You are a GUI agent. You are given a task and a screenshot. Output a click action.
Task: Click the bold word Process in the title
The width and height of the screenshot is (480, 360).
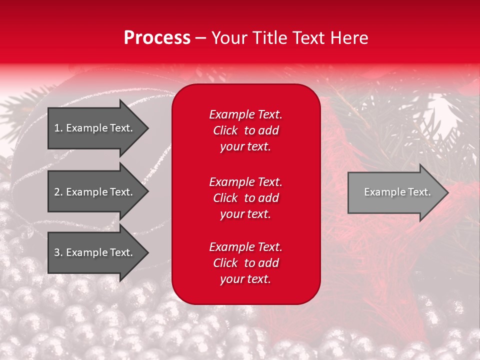click(x=157, y=38)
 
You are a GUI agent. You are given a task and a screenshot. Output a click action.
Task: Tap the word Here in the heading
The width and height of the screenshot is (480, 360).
click(x=349, y=38)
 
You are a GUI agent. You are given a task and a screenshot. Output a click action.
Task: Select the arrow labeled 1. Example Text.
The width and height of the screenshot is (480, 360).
click(x=93, y=128)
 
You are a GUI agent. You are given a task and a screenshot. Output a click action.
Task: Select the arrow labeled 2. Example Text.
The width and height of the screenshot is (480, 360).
click(x=93, y=192)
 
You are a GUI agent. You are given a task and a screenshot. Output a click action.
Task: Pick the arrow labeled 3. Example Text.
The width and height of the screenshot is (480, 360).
click(x=93, y=252)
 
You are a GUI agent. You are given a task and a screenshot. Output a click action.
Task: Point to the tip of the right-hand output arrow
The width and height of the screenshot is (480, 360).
click(x=447, y=192)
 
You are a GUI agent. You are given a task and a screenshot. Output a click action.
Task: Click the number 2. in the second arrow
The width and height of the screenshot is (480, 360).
click(x=57, y=192)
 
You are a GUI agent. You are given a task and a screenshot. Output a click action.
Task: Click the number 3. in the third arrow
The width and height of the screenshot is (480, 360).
click(x=57, y=252)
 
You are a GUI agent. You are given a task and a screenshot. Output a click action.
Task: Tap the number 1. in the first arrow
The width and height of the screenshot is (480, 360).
click(x=57, y=128)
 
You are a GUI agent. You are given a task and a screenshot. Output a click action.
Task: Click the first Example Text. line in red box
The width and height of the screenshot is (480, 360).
click(x=245, y=114)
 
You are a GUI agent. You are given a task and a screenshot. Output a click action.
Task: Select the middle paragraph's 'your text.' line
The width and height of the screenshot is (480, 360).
click(x=245, y=214)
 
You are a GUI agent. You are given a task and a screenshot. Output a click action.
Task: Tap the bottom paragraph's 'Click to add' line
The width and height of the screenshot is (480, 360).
click(x=245, y=263)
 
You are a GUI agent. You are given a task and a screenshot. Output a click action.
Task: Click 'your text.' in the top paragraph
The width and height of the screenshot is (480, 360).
click(x=245, y=146)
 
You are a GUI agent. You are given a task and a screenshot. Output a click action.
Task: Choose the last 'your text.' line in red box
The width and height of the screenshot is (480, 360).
click(x=245, y=279)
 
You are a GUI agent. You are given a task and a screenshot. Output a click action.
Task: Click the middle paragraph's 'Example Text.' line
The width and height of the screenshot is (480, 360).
click(x=245, y=181)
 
